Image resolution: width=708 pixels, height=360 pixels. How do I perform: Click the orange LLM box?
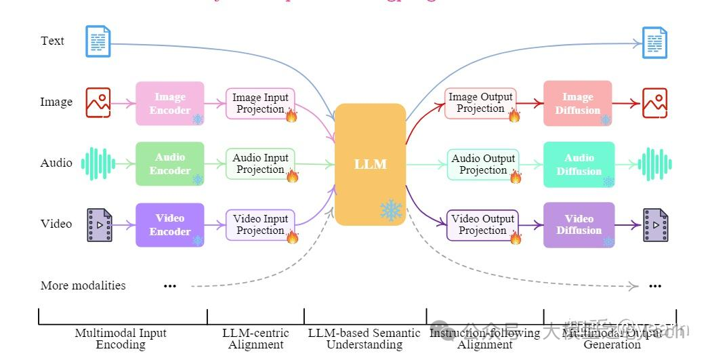[x=370, y=164]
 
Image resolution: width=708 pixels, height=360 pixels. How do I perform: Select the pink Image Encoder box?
[x=169, y=103]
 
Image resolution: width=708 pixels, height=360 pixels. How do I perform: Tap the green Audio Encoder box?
[x=169, y=163]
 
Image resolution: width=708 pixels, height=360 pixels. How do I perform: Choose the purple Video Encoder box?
[x=169, y=224]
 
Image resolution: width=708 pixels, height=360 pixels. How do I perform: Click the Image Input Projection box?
[x=260, y=103]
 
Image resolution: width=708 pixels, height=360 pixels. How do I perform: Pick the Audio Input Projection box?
[x=260, y=163]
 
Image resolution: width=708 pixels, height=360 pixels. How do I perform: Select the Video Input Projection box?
[x=260, y=224]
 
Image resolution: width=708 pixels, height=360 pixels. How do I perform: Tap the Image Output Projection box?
[x=480, y=103]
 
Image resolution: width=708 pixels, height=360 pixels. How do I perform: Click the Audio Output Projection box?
[x=482, y=164]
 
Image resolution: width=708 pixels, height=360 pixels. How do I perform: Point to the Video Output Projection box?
[x=482, y=224]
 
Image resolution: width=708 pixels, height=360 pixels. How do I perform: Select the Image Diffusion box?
[x=577, y=103]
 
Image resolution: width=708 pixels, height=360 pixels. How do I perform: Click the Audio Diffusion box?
[x=579, y=164]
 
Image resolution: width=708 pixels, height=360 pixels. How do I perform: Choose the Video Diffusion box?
[x=579, y=224]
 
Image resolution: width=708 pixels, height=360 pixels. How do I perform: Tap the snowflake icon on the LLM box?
[x=391, y=210]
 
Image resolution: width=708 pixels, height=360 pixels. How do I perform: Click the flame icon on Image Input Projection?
[x=291, y=115]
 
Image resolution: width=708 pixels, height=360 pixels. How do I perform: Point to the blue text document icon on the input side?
[x=98, y=41]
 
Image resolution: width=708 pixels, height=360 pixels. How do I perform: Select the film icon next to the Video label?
[x=100, y=225]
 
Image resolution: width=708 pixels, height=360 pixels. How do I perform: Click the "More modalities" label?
[x=83, y=285]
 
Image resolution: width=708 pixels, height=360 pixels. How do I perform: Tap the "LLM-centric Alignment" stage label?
[x=255, y=338]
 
